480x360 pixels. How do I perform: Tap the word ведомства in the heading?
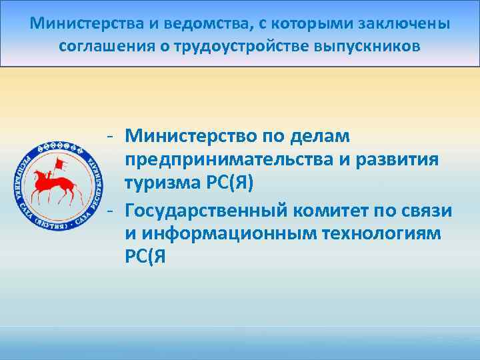(x=194, y=25)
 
